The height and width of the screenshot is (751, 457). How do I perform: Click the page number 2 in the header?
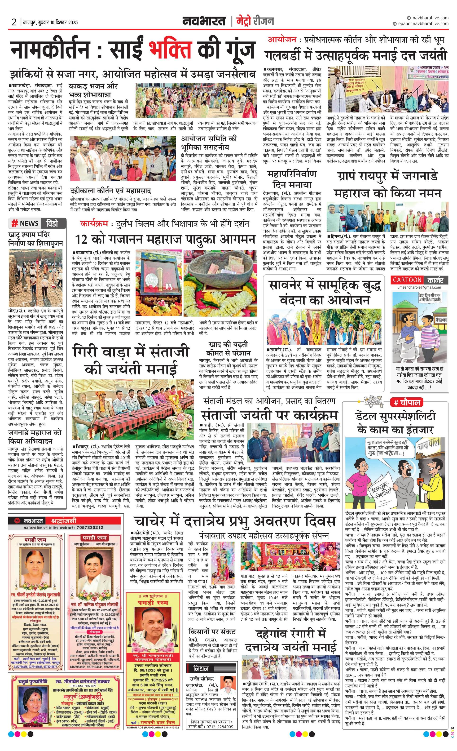click(14, 22)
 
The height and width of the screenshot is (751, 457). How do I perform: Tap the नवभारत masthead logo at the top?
click(204, 21)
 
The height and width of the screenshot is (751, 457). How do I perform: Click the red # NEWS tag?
click(25, 223)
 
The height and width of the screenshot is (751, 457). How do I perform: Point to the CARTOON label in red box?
click(407, 280)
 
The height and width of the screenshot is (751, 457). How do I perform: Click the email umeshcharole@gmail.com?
click(419, 287)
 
